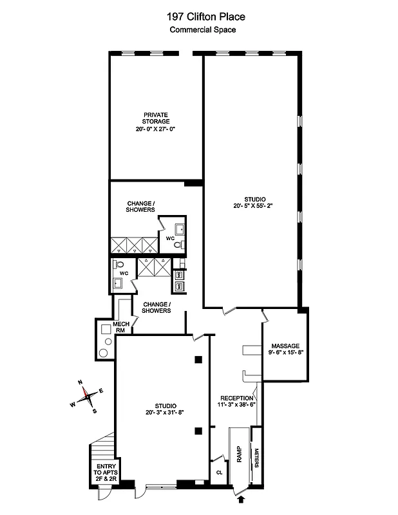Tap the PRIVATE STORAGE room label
(x=156, y=118)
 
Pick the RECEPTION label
(x=237, y=398)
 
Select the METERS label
(x=256, y=458)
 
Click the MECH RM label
(x=122, y=327)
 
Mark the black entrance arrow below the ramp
(x=242, y=498)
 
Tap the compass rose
(x=85, y=395)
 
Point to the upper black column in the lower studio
(x=200, y=359)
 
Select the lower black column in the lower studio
(x=200, y=431)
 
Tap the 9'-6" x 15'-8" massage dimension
(x=285, y=352)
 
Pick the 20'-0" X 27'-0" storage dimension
(x=156, y=129)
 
